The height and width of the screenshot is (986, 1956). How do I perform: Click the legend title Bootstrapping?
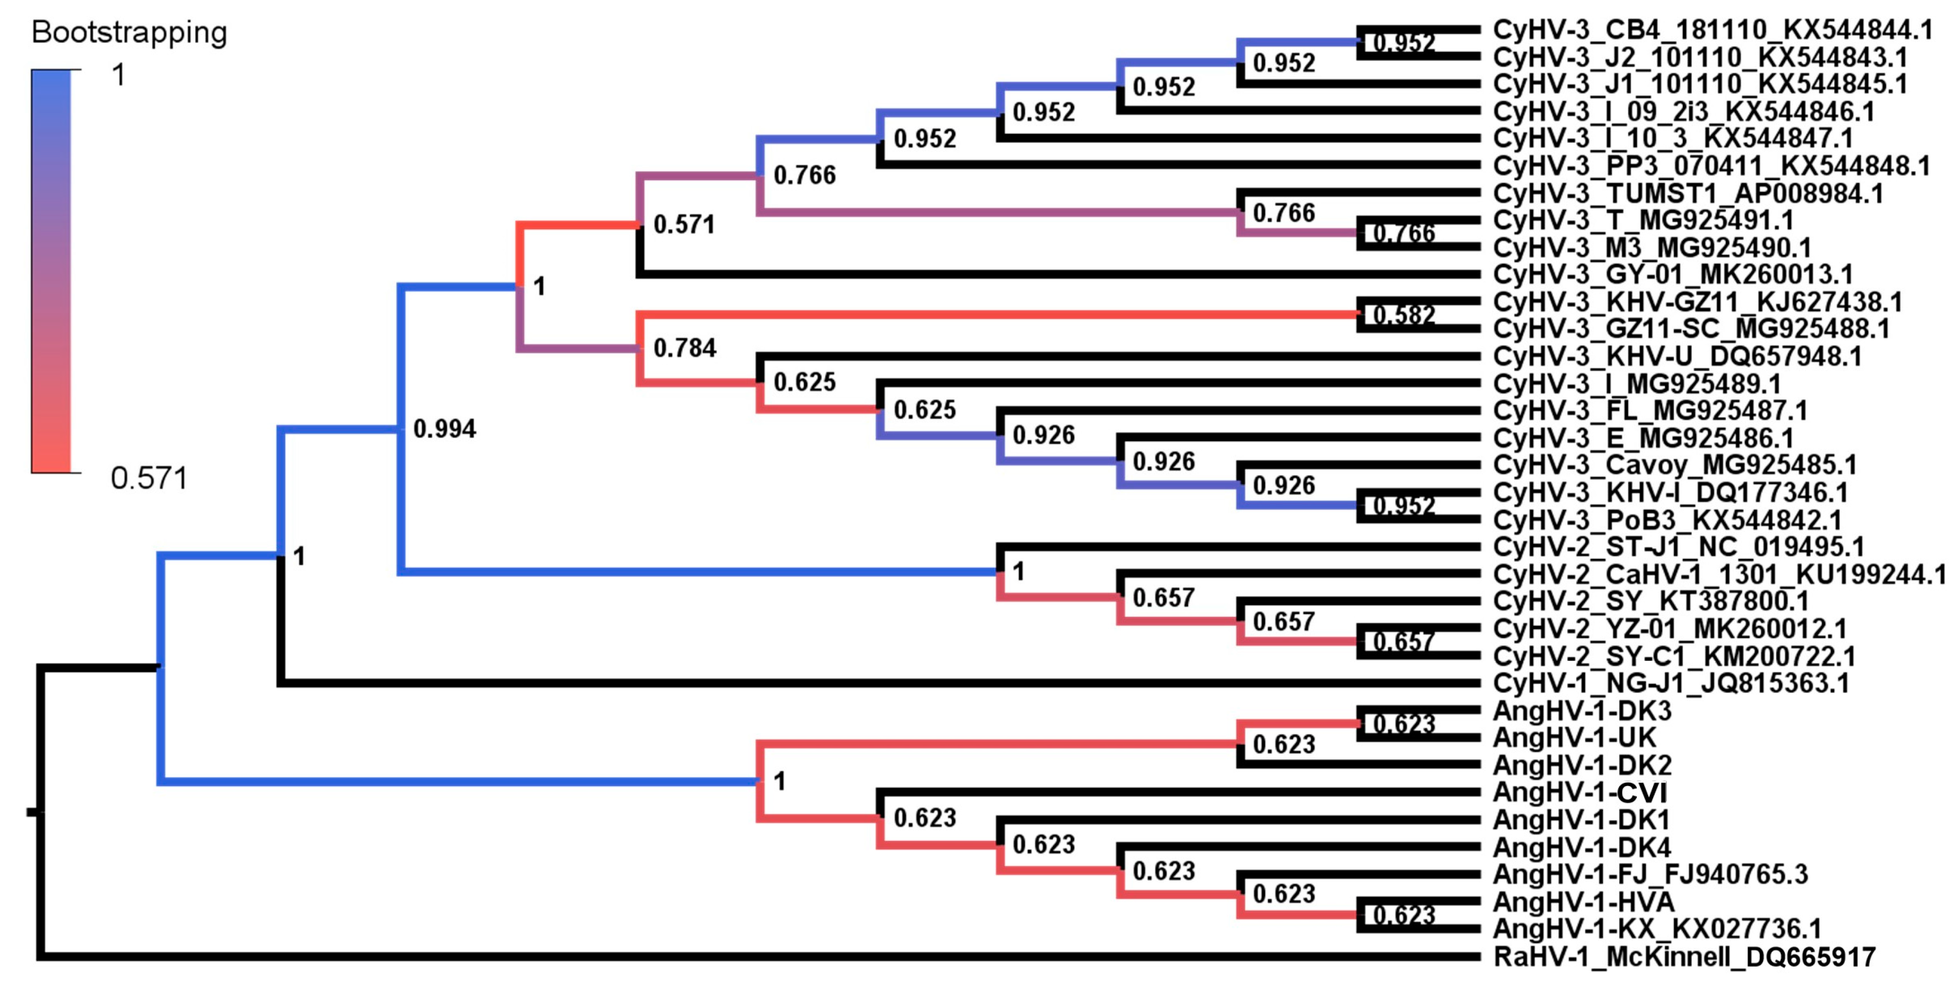(129, 32)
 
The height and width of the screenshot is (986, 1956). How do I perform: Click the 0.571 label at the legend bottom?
(149, 478)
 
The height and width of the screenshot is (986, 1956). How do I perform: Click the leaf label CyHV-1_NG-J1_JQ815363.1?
(1670, 683)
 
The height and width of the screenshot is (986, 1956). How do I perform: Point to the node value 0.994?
(444, 429)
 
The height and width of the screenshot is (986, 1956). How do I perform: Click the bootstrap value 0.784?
(684, 348)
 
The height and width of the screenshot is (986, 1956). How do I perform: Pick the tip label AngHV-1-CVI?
(1579, 792)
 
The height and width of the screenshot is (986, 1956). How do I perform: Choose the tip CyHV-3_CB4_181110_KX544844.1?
(1712, 30)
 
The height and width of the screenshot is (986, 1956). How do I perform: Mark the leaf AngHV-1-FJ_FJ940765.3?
(1650, 875)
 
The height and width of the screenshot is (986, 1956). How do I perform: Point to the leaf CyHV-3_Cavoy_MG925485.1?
(1675, 464)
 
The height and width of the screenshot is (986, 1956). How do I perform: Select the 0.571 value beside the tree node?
(683, 225)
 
